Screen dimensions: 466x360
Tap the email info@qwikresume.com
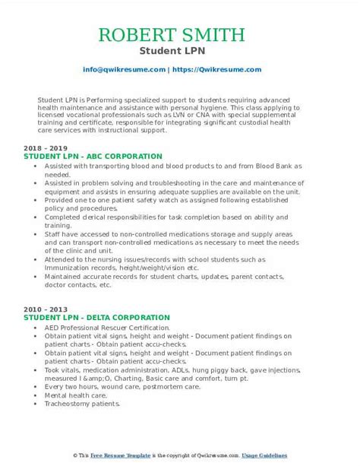[x=125, y=69]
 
